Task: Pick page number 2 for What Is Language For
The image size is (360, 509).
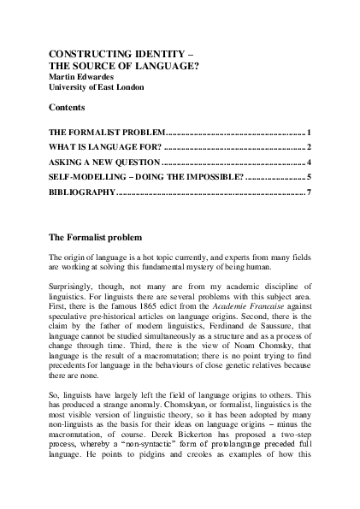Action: (307, 147)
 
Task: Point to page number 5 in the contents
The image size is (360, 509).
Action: (307, 176)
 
